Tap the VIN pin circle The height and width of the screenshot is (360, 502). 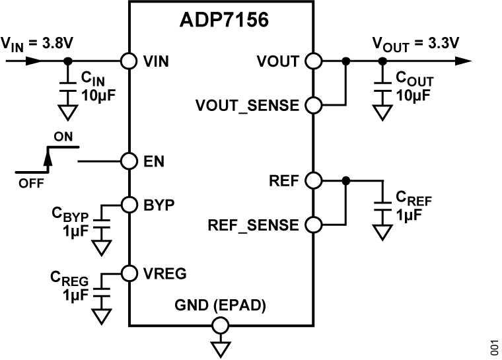point(129,61)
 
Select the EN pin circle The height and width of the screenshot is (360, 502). point(129,161)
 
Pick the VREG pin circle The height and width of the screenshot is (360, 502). point(129,271)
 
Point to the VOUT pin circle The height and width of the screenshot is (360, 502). point(312,61)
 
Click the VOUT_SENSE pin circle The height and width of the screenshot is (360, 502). point(312,104)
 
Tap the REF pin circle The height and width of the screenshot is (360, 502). point(312,180)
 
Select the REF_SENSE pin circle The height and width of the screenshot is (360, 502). point(312,225)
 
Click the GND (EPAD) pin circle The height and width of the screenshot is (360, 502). point(221,325)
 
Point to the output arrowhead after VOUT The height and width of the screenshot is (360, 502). point(464,61)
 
